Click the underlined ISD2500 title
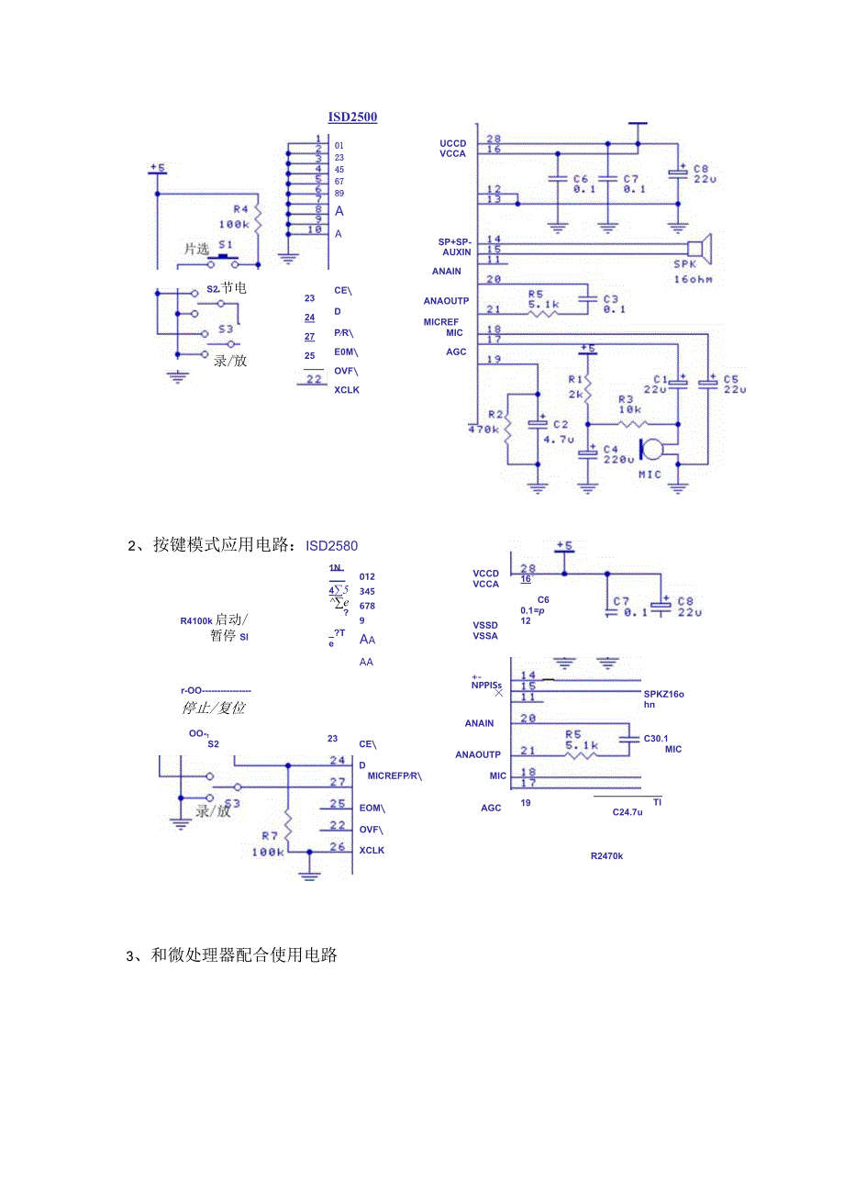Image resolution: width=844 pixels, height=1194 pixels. click(x=352, y=117)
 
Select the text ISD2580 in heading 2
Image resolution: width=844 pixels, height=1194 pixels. click(x=332, y=547)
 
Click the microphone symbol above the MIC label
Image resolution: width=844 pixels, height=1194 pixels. click(x=654, y=450)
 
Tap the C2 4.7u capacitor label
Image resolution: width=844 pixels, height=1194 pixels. click(x=558, y=431)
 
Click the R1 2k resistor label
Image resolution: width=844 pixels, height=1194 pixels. click(x=575, y=385)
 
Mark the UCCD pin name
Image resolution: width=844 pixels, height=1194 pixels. click(x=452, y=144)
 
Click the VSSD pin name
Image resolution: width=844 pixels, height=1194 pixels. click(x=485, y=625)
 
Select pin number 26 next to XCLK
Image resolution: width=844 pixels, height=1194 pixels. click(x=338, y=847)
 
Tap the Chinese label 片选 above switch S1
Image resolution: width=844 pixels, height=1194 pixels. click(x=196, y=249)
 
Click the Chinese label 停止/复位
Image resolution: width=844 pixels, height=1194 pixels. click(x=213, y=708)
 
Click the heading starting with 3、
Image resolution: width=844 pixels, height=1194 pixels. click(x=231, y=954)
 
